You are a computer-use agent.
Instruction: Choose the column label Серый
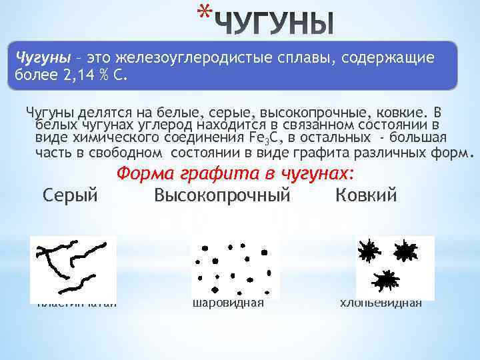click(x=70, y=196)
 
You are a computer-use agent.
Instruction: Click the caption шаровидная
click(x=227, y=303)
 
